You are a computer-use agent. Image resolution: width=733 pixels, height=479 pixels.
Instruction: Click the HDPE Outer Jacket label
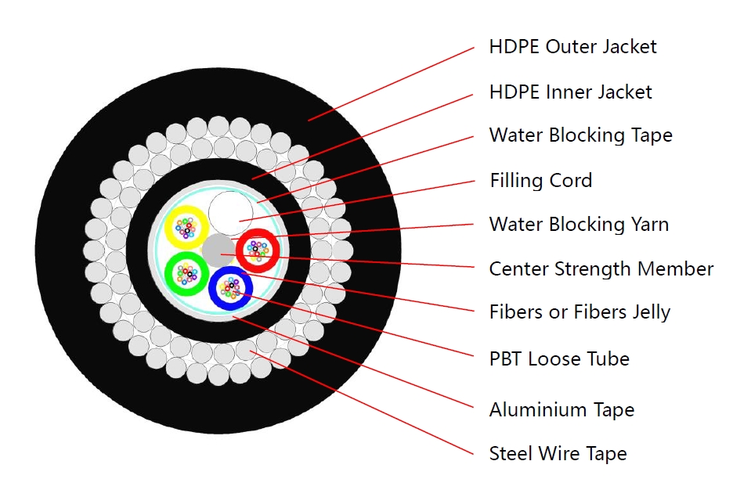coord(572,47)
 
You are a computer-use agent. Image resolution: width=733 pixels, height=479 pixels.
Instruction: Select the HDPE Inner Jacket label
coord(570,92)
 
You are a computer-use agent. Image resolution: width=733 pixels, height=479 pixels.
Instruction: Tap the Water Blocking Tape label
coord(580,135)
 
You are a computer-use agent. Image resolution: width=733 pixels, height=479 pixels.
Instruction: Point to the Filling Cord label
coord(541,180)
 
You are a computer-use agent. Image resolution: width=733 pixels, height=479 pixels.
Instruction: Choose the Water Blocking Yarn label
coord(579,225)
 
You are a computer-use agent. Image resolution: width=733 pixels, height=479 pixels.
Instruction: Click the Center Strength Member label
coord(601,269)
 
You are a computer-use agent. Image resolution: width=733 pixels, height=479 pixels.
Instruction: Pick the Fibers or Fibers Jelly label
coord(580,312)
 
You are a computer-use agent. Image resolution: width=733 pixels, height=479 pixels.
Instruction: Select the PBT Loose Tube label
coord(559,359)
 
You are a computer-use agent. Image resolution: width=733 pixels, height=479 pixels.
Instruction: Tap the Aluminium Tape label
coord(562,410)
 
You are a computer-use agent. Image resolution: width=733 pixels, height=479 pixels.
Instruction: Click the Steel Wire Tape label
coord(558,454)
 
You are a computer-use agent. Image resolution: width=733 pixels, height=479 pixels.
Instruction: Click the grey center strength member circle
coord(218,250)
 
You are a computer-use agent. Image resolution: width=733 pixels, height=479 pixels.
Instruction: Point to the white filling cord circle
coord(230,214)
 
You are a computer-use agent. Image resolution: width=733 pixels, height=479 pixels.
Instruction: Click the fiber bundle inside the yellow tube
coord(186,228)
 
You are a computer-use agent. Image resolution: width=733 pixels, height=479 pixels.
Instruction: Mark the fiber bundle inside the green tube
coord(186,273)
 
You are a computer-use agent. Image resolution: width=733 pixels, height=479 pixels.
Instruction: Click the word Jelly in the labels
coord(651,312)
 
